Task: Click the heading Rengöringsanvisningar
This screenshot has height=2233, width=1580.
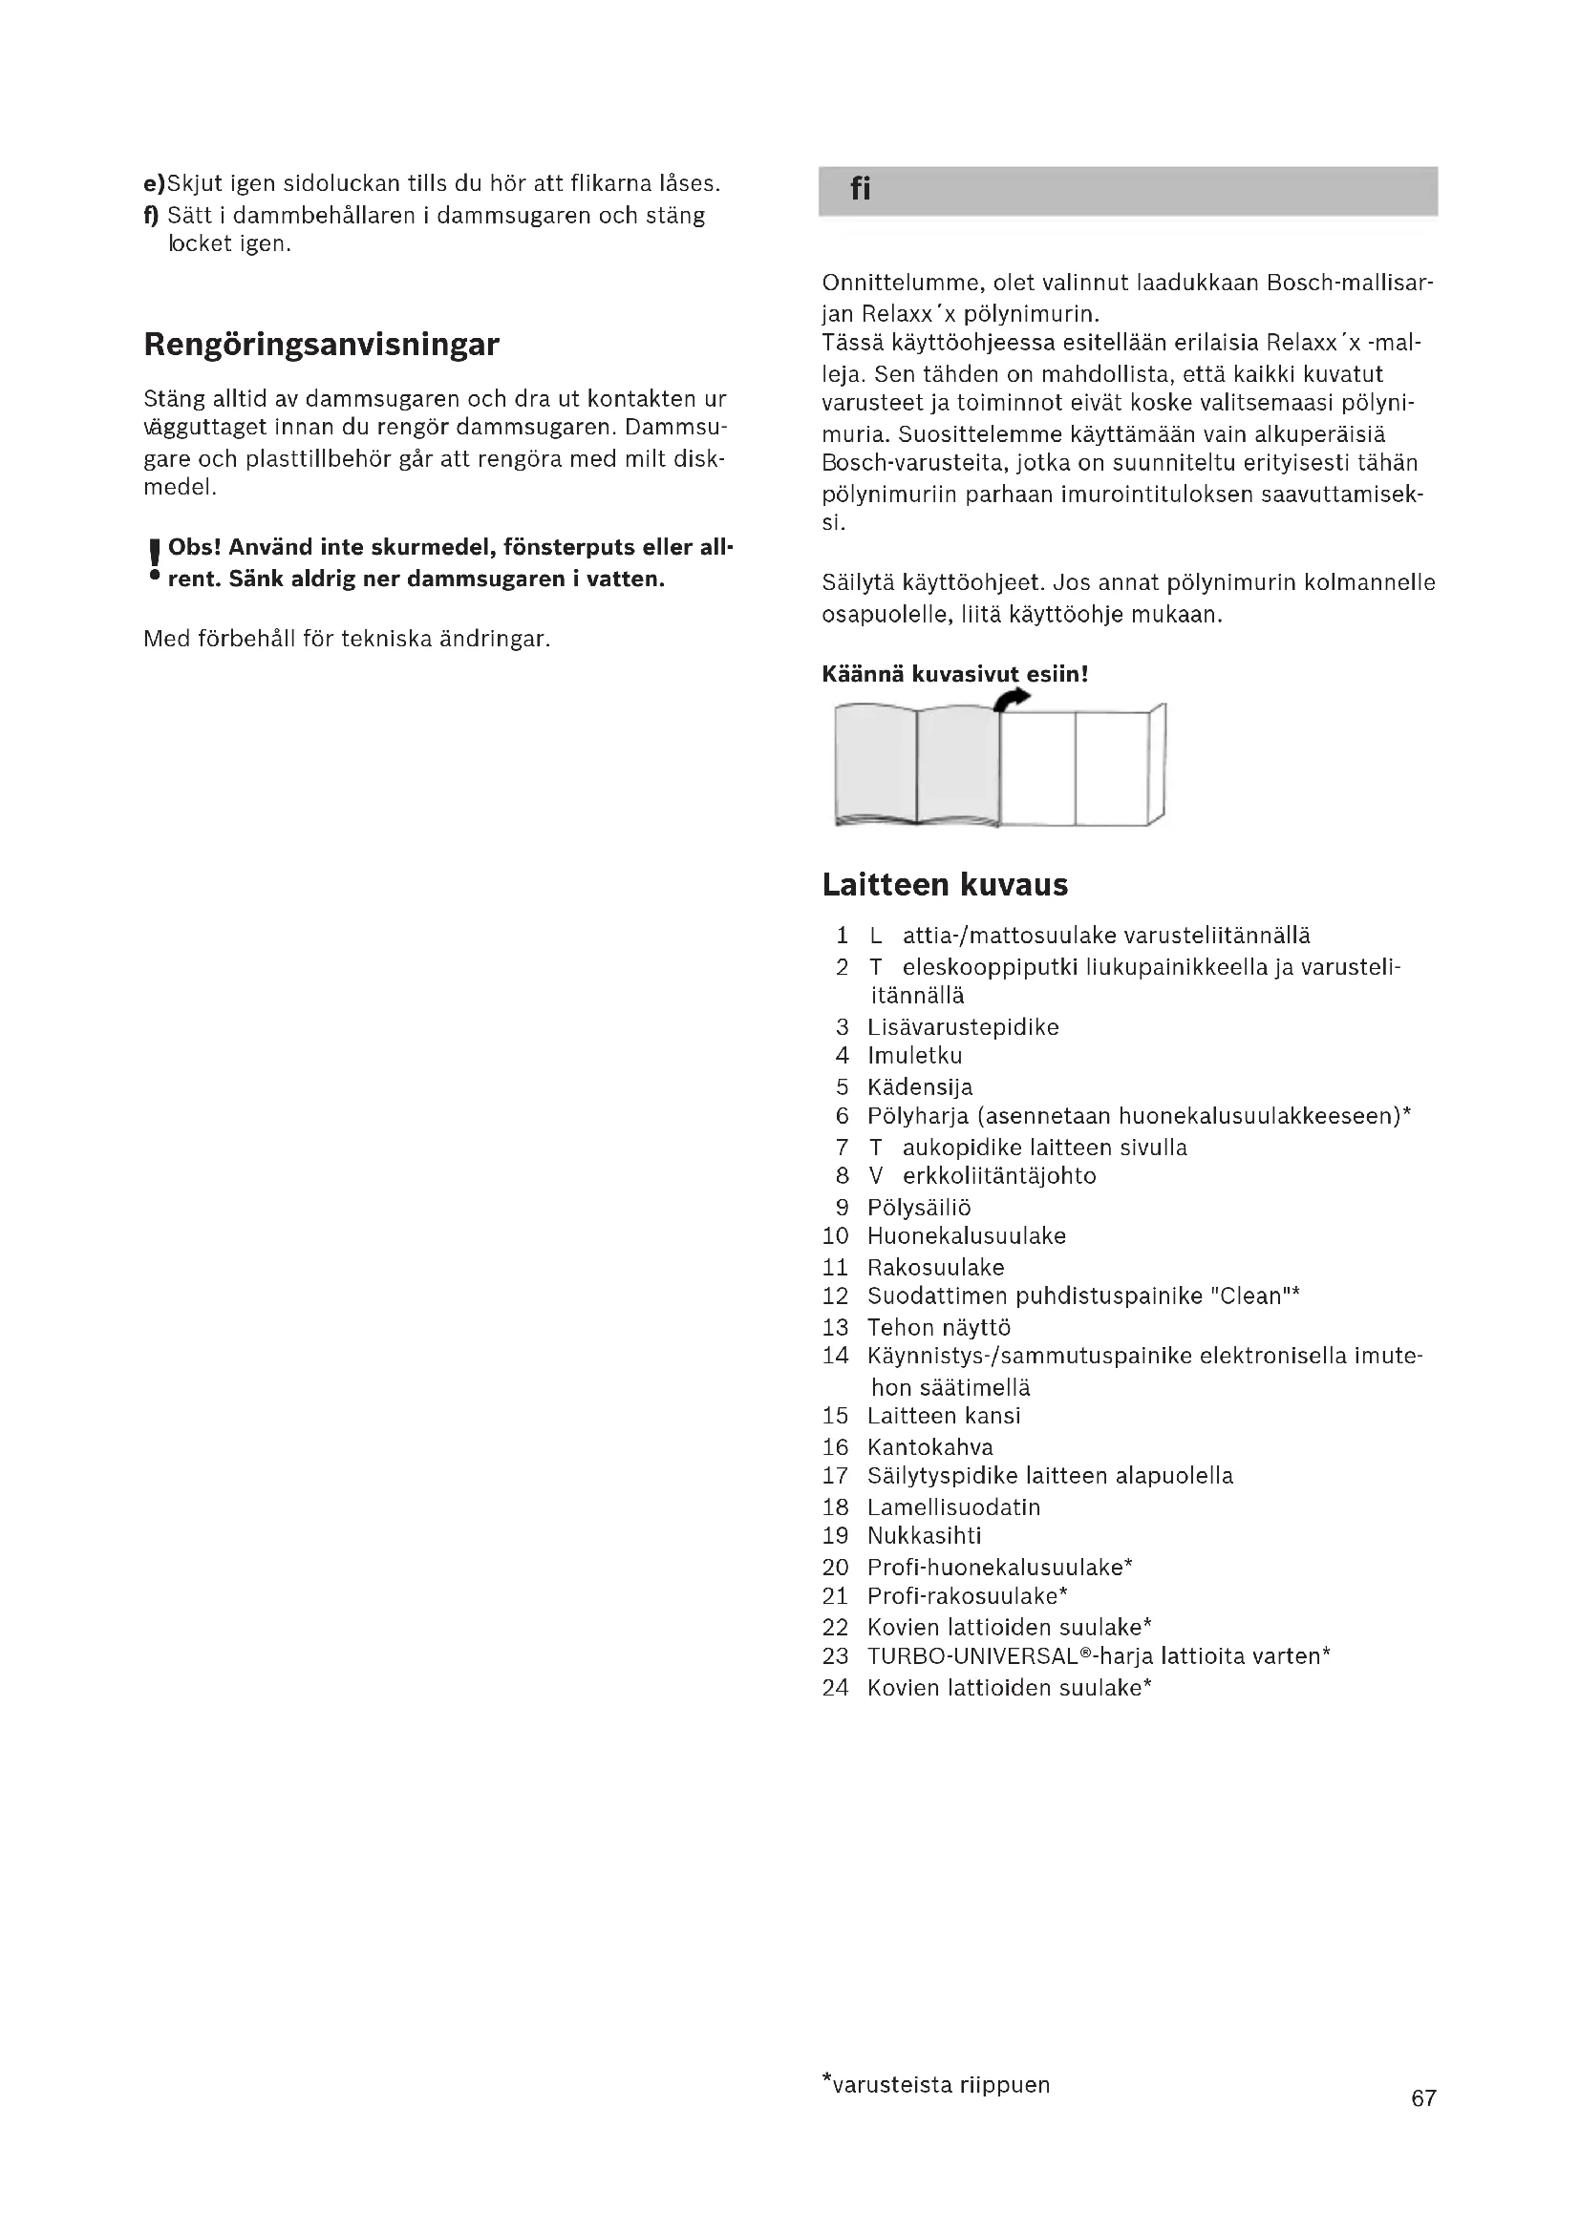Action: tap(321, 345)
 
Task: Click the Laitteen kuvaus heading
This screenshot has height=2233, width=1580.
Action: tap(945, 885)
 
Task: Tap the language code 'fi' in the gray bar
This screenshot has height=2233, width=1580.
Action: tap(860, 189)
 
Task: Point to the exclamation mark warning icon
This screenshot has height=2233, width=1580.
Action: tap(154, 561)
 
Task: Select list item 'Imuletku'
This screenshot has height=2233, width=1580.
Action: tap(914, 1055)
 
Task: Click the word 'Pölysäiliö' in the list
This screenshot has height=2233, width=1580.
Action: tap(918, 1207)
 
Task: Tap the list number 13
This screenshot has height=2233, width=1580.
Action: tap(835, 1328)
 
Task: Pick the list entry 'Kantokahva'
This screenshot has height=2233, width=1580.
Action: tap(930, 1447)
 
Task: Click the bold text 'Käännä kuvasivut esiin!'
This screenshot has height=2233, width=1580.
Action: tap(954, 674)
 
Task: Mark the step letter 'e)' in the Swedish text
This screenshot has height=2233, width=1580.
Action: tap(155, 183)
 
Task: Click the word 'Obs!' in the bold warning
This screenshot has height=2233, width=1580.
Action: tap(195, 548)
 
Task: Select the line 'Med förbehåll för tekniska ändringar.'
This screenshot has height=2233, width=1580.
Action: tap(347, 639)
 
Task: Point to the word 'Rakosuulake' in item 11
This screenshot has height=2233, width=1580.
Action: tap(935, 1267)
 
